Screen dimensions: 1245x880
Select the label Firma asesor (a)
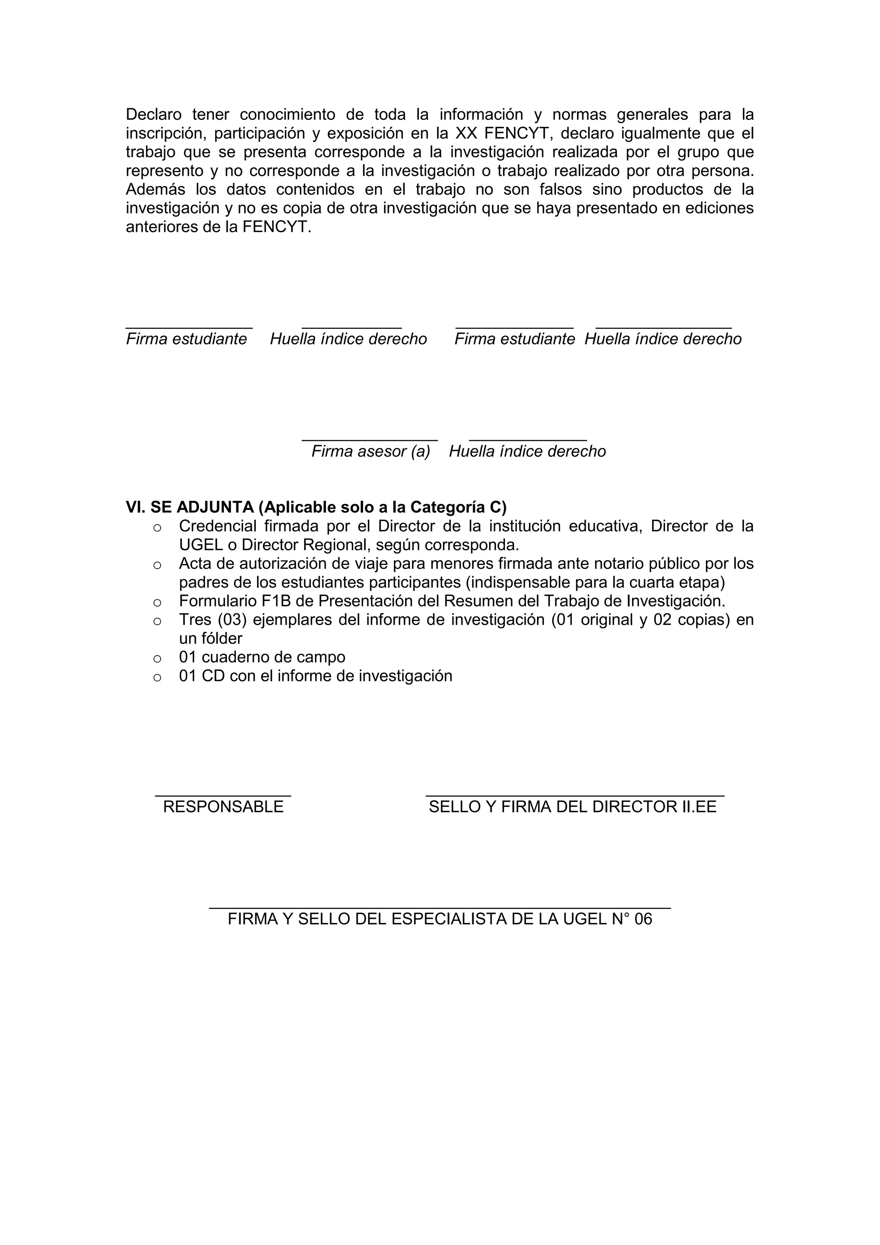click(x=371, y=451)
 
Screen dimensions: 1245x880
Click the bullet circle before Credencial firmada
click(x=157, y=527)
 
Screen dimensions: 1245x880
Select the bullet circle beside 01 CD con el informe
click(x=157, y=677)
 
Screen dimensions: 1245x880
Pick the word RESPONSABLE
click(x=223, y=807)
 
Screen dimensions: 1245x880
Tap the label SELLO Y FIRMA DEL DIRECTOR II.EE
click(x=573, y=807)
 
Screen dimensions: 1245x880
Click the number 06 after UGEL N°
click(x=643, y=919)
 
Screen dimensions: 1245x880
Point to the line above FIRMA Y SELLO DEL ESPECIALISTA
click(x=440, y=908)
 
